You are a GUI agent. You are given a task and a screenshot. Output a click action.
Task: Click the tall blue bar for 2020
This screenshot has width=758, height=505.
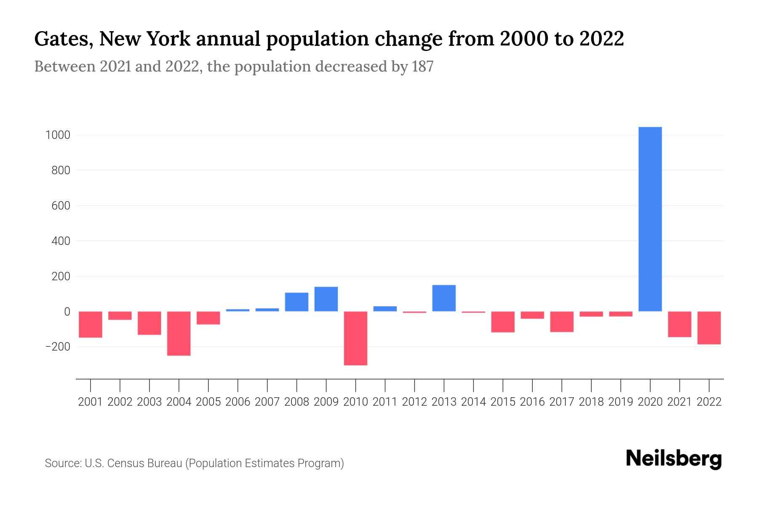pyautogui.click(x=650, y=219)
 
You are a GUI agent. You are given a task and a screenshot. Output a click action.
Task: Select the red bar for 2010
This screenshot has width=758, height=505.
pyautogui.click(x=355, y=338)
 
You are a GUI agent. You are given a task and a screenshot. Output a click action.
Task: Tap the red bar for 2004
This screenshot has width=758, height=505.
pyautogui.click(x=179, y=333)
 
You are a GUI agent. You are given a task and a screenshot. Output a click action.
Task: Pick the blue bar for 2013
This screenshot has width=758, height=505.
pyautogui.click(x=444, y=298)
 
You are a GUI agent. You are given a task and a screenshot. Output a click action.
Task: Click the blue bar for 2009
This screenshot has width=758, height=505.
pyautogui.click(x=326, y=299)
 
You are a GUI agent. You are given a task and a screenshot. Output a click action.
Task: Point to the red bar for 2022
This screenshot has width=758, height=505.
pyautogui.click(x=709, y=328)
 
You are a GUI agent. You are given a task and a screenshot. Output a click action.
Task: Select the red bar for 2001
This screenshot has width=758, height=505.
pyautogui.click(x=91, y=324)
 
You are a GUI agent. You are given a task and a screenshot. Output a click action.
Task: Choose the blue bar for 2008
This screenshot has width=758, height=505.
pyautogui.click(x=296, y=302)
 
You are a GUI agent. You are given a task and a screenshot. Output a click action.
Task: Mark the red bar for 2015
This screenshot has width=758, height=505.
pyautogui.click(x=503, y=322)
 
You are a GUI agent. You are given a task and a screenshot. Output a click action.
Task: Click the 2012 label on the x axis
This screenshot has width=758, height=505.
pyautogui.click(x=414, y=402)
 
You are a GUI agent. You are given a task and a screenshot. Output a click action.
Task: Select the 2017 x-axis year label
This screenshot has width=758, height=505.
pyautogui.click(x=562, y=402)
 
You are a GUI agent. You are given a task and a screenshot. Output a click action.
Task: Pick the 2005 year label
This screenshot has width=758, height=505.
pyautogui.click(x=208, y=402)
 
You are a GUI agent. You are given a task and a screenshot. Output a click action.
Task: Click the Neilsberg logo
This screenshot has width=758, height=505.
pyautogui.click(x=673, y=459)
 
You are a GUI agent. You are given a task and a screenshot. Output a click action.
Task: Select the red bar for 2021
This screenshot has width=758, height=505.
pyautogui.click(x=680, y=324)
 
